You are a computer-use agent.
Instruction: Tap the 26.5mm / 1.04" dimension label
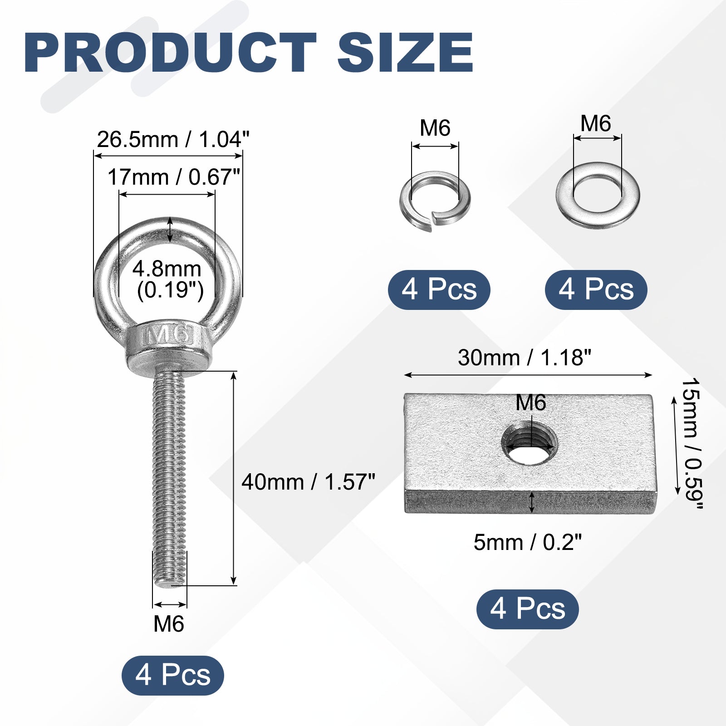click(173, 139)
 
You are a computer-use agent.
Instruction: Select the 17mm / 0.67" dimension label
click(173, 177)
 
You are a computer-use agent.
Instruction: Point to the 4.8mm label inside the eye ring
click(167, 269)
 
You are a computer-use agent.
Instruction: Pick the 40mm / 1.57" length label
click(309, 482)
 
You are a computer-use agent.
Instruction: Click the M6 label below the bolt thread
click(169, 624)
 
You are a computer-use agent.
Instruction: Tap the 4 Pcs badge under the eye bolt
click(173, 675)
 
